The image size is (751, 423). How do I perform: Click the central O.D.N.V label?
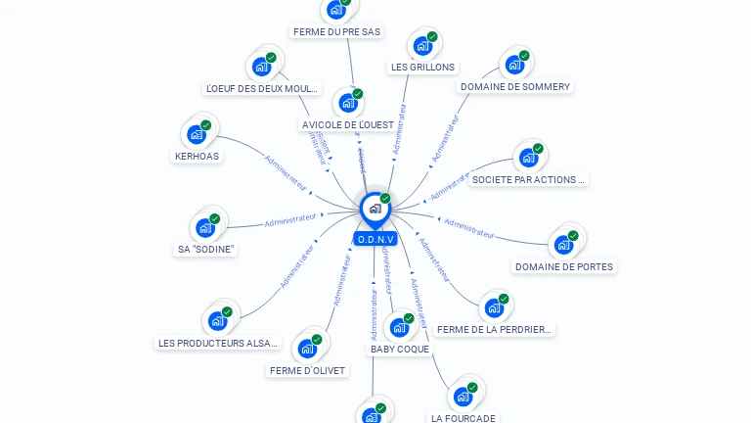click(x=375, y=239)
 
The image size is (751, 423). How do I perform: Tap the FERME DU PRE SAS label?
click(x=336, y=32)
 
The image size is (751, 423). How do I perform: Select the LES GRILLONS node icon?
click(x=422, y=45)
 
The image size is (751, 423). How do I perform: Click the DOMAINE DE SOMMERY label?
click(x=514, y=87)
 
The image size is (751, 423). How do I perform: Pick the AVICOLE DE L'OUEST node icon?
click(x=347, y=102)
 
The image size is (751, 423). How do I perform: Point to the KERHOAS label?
click(x=197, y=157)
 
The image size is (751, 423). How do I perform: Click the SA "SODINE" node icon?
click(x=205, y=227)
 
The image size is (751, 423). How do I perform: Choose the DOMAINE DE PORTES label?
click(x=564, y=267)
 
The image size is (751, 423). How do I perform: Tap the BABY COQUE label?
click(x=399, y=350)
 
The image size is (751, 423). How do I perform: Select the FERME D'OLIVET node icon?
click(x=308, y=349)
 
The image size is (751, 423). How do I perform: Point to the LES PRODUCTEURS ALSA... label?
click(x=219, y=344)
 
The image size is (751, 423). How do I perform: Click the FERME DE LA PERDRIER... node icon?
click(x=494, y=308)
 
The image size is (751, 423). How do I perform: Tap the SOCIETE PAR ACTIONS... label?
click(x=529, y=180)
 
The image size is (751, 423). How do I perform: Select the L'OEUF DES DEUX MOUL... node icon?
click(x=262, y=67)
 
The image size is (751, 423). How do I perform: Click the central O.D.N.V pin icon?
click(x=375, y=209)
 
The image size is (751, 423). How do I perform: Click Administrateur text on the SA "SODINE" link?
click(x=290, y=220)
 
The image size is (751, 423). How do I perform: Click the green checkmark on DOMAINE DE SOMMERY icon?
click(x=524, y=56)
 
